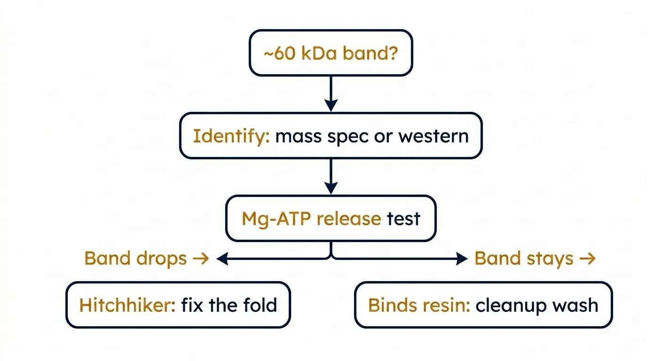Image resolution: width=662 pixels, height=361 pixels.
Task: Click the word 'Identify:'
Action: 231,137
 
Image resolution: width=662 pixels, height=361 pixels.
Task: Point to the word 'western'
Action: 433,136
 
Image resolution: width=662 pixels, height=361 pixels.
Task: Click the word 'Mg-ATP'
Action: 276,220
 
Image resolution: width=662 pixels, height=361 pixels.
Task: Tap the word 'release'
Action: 349,219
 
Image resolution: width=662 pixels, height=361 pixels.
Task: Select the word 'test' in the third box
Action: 404,219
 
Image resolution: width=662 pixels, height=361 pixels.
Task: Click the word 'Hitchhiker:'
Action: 128,305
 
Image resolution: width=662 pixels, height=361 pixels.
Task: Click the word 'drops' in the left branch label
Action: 161,259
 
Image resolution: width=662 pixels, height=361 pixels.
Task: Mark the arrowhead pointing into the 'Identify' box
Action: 331,105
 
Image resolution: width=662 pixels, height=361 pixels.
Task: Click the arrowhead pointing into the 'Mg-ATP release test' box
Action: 331,188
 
